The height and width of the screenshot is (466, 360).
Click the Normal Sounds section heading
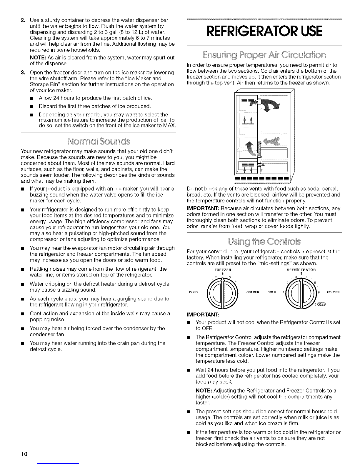pos(98,142)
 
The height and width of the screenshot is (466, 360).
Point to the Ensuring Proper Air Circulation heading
pos(264,55)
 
